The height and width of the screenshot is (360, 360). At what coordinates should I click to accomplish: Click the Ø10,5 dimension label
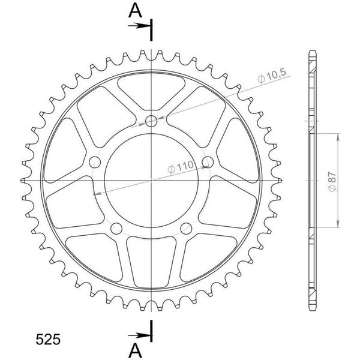272,76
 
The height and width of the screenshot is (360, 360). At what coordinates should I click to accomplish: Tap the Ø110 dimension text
181,167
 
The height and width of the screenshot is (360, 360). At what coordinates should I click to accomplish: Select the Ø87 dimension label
332,181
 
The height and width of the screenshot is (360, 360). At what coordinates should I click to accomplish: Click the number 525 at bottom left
48,340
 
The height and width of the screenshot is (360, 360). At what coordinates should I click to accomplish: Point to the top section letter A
135,11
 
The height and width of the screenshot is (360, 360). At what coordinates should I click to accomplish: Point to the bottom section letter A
135,350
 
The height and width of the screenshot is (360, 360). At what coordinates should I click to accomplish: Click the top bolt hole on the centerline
151,121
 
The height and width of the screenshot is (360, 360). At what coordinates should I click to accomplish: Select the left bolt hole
95,163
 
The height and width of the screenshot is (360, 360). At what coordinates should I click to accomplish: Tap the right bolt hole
208,162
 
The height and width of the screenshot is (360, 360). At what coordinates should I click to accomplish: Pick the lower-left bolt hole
116,229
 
